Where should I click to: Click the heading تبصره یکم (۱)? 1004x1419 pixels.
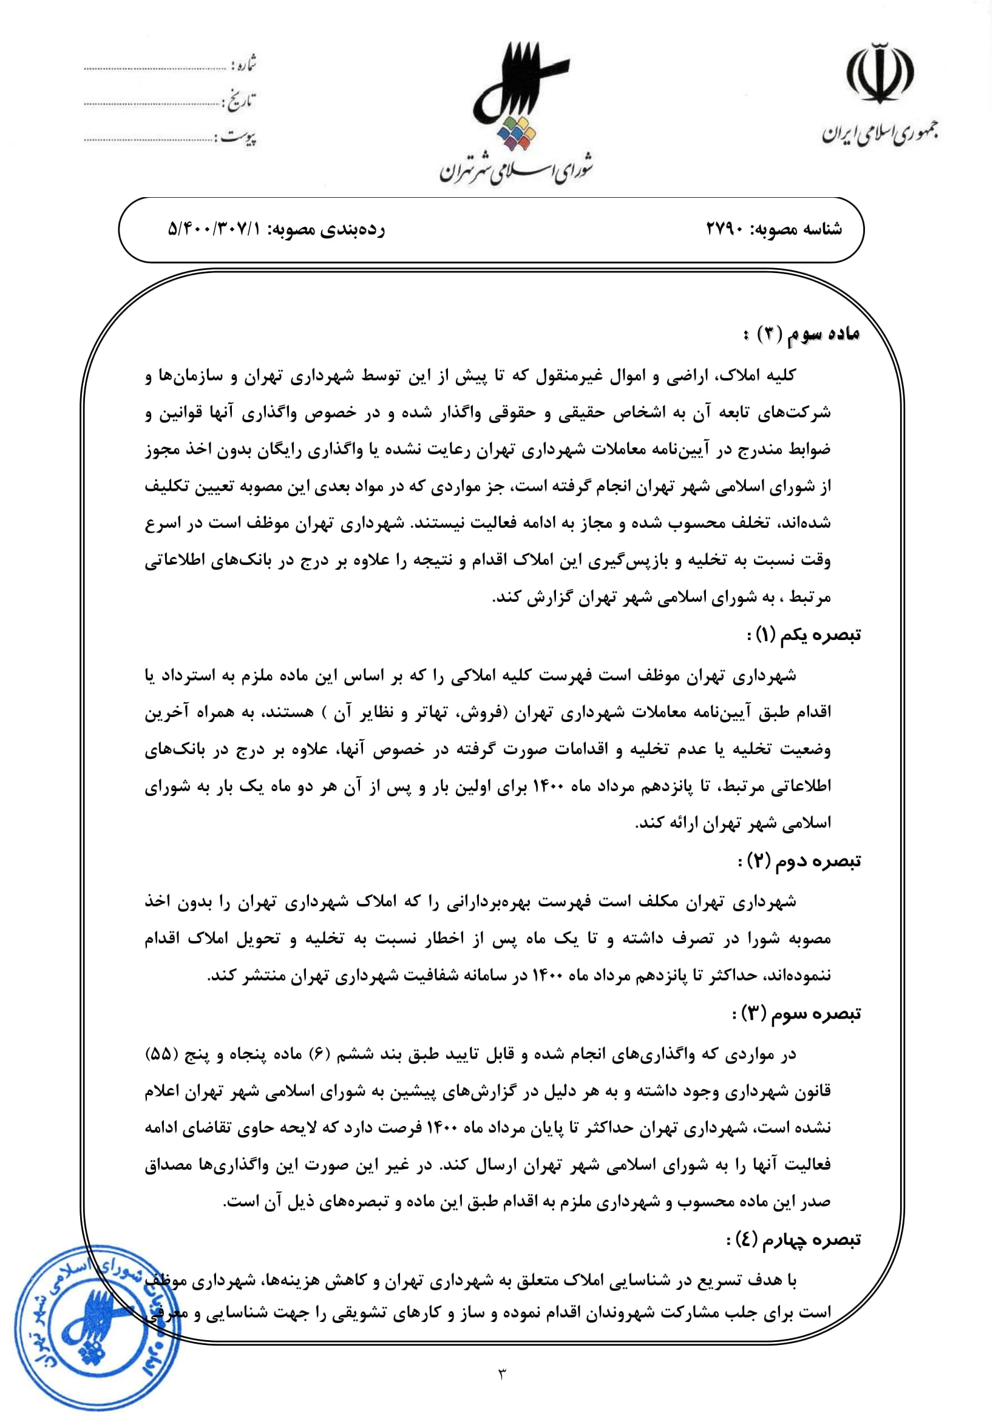pos(804,635)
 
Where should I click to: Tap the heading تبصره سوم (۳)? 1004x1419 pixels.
pos(797,1014)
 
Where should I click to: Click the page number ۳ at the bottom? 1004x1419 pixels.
pos(501,1373)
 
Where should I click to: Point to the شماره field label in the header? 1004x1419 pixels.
pos(243,64)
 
